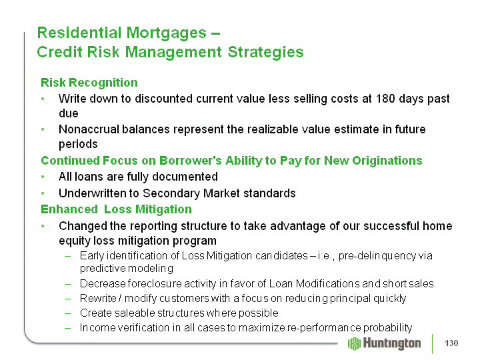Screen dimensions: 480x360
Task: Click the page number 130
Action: point(451,343)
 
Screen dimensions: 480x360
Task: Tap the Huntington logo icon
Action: point(355,343)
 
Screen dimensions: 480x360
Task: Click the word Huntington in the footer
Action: point(392,343)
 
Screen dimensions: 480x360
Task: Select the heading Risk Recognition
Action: point(89,83)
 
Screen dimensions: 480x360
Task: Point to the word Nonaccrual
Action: point(89,129)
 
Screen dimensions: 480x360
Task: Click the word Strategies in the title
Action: point(265,52)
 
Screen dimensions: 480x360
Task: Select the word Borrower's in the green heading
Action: point(190,161)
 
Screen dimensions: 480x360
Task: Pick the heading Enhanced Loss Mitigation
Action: point(116,209)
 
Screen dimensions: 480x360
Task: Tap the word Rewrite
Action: point(98,298)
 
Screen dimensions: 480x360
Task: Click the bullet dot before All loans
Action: point(43,177)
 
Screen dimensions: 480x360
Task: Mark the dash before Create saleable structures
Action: point(67,313)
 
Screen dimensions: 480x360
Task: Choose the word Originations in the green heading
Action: point(387,161)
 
